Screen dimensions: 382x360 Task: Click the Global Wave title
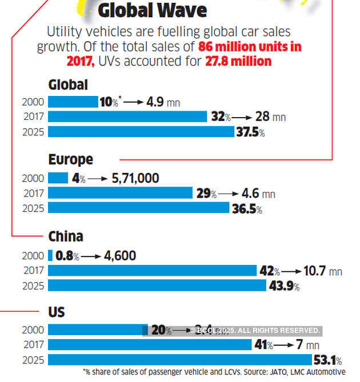click(152, 10)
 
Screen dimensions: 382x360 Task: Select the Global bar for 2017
click(127, 117)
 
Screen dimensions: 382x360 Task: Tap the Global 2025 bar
click(141, 132)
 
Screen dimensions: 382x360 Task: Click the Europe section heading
click(70, 159)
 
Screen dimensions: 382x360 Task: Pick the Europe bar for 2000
click(58, 179)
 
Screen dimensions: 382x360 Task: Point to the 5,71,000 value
click(135, 179)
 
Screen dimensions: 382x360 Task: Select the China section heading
click(66, 236)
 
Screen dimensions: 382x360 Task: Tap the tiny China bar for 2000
click(50, 256)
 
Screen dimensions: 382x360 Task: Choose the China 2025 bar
click(157, 286)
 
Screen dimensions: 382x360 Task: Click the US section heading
click(57, 312)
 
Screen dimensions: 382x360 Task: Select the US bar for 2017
click(150, 345)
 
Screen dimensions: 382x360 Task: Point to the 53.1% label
click(327, 360)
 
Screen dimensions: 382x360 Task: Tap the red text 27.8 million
click(239, 61)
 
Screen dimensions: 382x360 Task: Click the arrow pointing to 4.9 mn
click(134, 102)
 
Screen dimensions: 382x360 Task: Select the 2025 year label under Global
click(33, 132)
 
